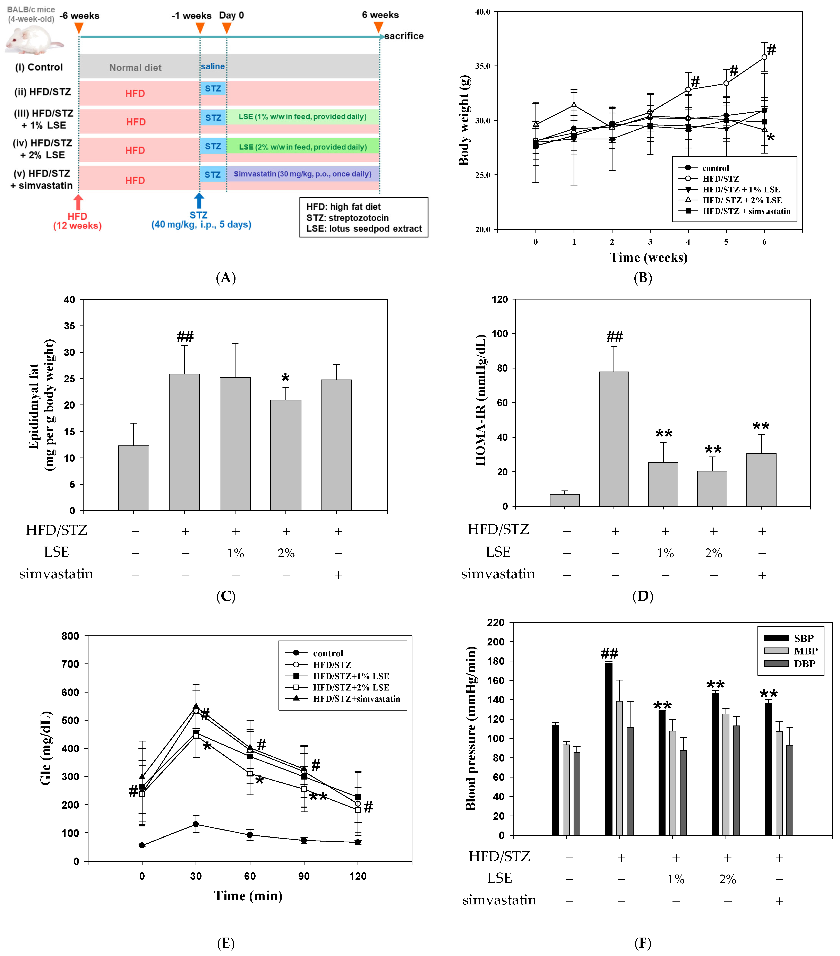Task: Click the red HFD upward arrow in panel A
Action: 78,202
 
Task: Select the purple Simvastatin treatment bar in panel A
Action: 302,174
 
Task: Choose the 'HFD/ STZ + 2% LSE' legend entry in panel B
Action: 742,200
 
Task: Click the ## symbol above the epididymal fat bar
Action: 185,336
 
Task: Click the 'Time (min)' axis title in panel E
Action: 248,896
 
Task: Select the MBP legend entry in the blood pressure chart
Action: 805,651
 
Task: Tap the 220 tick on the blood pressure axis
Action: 496,623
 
